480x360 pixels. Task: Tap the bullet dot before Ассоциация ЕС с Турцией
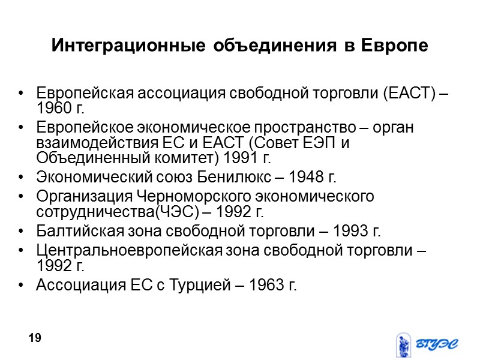click(22, 285)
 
